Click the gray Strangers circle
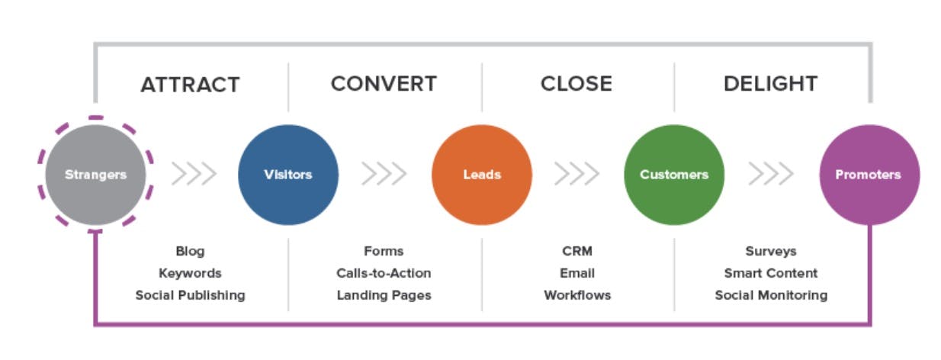[95, 175]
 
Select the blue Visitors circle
[288, 175]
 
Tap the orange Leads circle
[482, 175]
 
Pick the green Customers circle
[674, 175]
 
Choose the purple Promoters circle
[869, 175]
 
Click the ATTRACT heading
[191, 85]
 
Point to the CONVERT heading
[384, 84]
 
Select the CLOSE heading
[576, 84]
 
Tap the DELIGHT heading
[771, 84]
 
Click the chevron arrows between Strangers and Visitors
[194, 173]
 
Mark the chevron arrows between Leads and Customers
[576, 173]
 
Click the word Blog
[191, 251]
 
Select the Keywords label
[191, 273]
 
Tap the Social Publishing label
[191, 295]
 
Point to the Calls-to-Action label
[384, 273]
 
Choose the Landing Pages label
[384, 295]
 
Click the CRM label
[577, 251]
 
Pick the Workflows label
[577, 295]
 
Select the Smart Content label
[771, 273]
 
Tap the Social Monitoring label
[771, 295]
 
